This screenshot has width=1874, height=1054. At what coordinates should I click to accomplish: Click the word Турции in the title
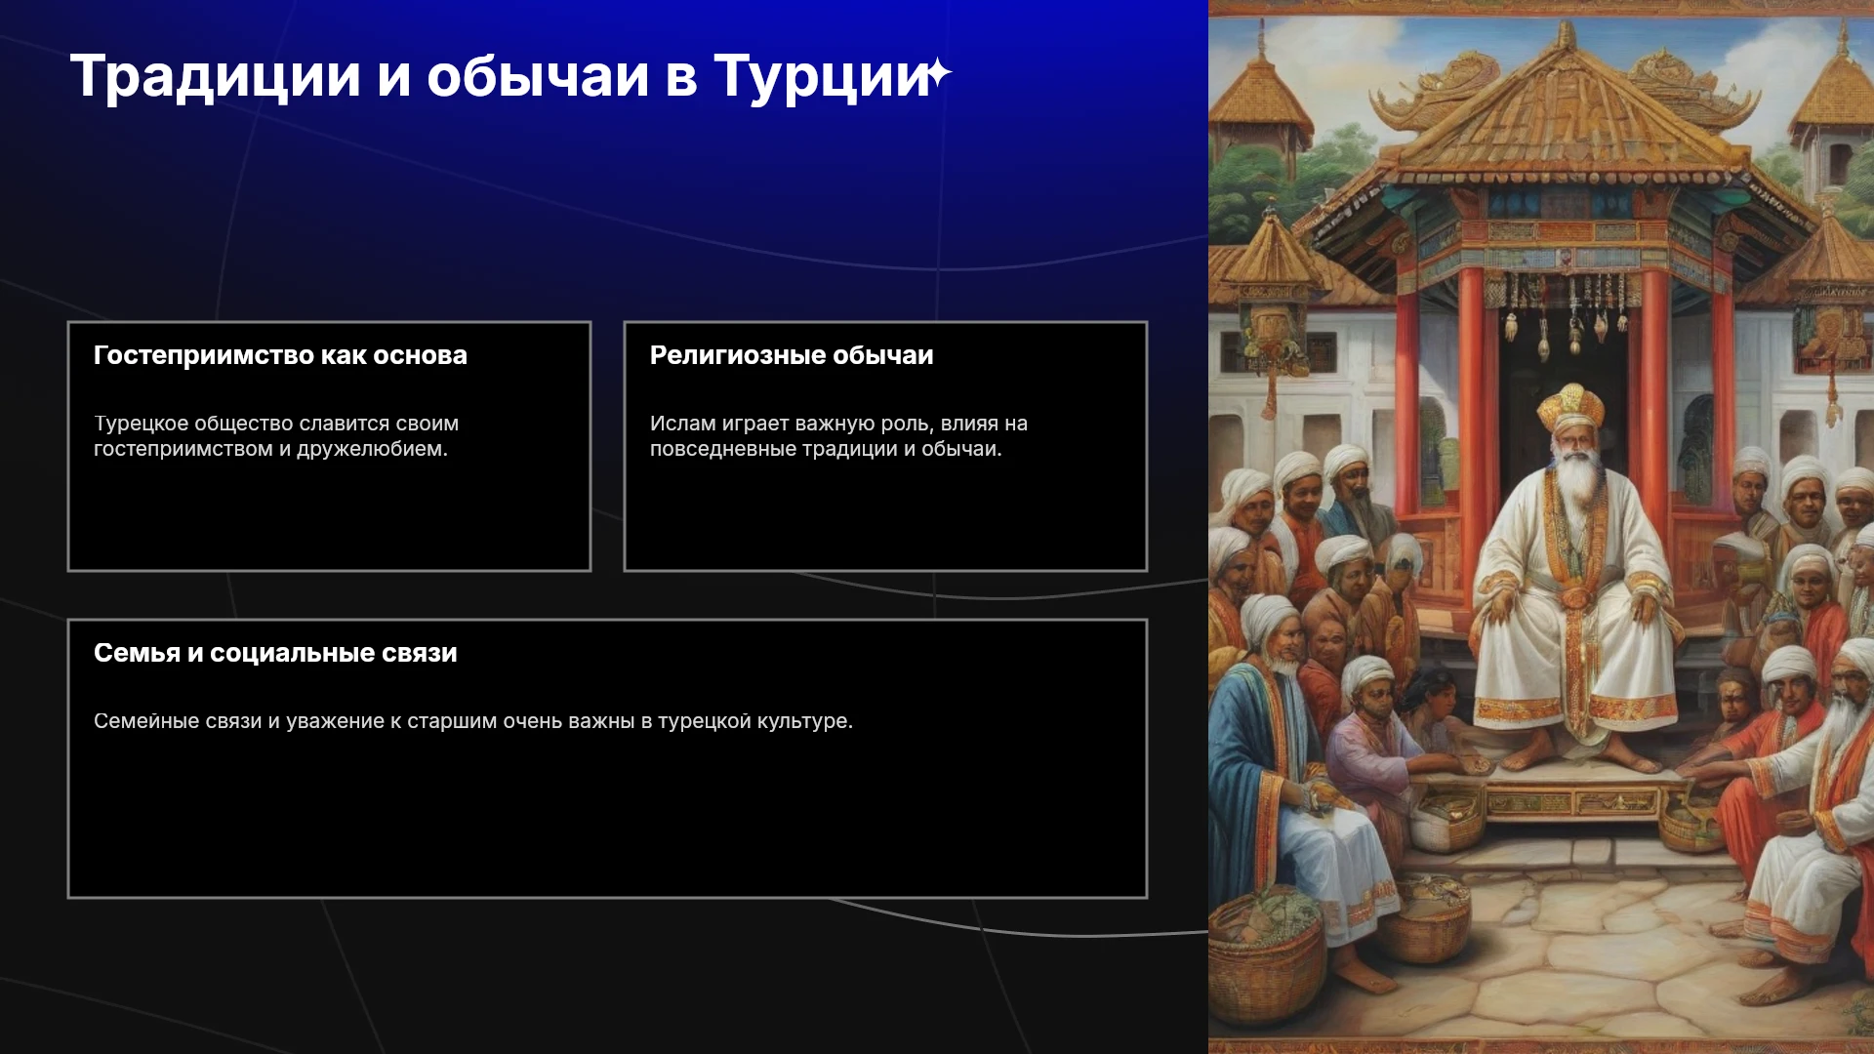(821, 76)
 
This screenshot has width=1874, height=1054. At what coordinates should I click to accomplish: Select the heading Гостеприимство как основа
(280, 355)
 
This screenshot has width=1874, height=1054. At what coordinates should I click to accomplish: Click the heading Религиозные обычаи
(792, 355)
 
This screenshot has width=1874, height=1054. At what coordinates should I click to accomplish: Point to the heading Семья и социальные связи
(275, 653)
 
